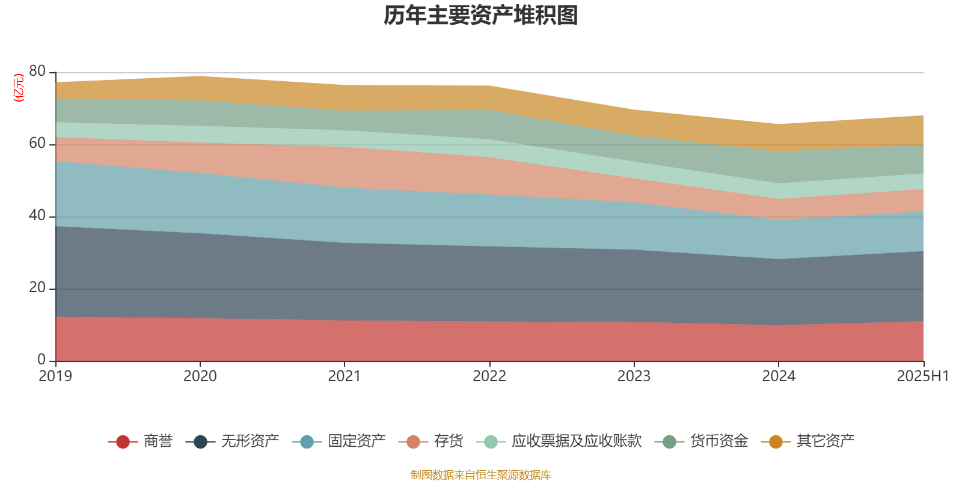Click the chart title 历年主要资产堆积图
click(481, 16)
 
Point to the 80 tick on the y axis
click(37, 71)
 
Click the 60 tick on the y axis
click(37, 143)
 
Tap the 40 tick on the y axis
click(37, 215)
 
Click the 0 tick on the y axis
click(41, 360)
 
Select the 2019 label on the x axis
click(55, 376)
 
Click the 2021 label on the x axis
click(345, 376)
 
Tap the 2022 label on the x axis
click(489, 376)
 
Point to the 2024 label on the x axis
click(779, 376)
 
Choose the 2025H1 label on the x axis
click(922, 376)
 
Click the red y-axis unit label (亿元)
click(19, 88)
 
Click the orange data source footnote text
click(481, 475)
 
